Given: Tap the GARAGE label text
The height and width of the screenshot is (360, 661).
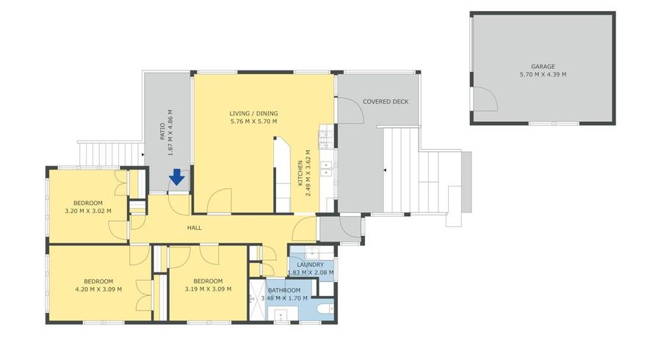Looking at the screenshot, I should pyautogui.click(x=543, y=66).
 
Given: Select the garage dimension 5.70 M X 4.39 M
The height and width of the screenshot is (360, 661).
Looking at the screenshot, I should pyautogui.click(x=543, y=74).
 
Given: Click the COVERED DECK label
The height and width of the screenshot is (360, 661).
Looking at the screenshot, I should pyautogui.click(x=385, y=101).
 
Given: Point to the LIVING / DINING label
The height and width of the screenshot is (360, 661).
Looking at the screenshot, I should pyautogui.click(x=253, y=113).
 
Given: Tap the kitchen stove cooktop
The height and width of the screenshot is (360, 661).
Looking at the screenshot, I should pyautogui.click(x=323, y=136).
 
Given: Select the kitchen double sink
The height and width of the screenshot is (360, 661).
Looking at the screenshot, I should pyautogui.click(x=328, y=168).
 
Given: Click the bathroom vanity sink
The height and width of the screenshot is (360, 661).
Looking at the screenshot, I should pyautogui.click(x=280, y=317).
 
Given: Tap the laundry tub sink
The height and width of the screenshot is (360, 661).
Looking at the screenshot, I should pyautogui.click(x=300, y=254).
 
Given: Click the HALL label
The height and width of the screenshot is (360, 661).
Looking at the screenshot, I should pyautogui.click(x=194, y=228).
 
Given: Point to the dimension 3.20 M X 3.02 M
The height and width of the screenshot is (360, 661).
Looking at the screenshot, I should pyautogui.click(x=87, y=211).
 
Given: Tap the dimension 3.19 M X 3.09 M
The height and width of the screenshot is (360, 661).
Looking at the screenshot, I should pyautogui.click(x=208, y=289).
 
